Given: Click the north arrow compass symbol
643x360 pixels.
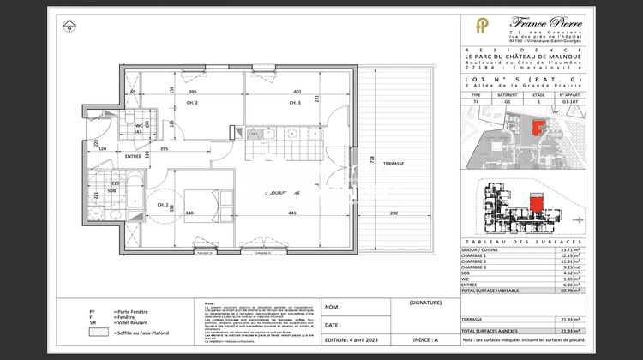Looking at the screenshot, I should tap(68, 26).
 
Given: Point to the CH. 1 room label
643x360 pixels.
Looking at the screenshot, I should tap(162, 204).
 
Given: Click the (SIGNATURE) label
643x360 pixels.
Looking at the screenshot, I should tap(424, 303).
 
